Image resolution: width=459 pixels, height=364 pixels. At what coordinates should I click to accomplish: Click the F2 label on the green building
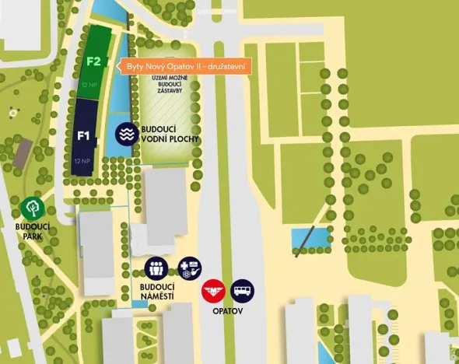94,61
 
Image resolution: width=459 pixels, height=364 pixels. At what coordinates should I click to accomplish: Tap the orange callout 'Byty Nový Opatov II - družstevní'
185,67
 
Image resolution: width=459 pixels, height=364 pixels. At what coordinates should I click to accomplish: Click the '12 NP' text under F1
81,161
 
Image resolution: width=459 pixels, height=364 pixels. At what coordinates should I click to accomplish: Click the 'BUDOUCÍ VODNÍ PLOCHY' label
170,134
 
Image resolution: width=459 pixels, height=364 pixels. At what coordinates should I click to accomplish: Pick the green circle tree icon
32,208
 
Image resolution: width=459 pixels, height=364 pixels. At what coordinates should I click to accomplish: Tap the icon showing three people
157,269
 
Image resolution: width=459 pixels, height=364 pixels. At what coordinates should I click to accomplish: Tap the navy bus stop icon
243,291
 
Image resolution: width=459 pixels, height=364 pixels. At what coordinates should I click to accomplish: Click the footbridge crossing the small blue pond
310,238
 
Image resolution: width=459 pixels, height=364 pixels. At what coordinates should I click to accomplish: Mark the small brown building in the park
22,152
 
